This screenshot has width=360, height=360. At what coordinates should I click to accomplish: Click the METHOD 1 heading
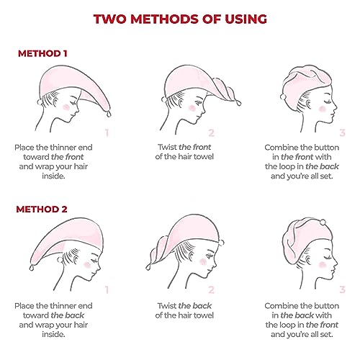(42, 53)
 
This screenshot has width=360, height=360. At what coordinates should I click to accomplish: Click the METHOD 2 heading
(42, 210)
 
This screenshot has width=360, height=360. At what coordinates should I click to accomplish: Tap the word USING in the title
(246, 19)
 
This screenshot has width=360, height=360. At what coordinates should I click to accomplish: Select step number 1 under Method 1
(107, 132)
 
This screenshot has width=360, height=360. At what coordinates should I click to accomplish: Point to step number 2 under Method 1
(211, 132)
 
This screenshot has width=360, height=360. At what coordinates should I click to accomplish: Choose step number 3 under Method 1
(342, 132)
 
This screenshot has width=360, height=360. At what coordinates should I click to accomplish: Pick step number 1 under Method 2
(107, 290)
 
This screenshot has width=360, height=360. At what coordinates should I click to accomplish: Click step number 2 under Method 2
(211, 290)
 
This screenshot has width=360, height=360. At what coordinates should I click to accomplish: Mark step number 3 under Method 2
(342, 290)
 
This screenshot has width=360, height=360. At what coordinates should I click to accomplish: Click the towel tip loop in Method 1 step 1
(109, 114)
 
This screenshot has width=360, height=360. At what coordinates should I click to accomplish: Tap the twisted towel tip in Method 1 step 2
(238, 102)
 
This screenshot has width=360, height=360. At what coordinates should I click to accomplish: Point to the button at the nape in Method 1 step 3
(283, 96)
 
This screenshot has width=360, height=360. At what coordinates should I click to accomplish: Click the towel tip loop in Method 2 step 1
(32, 267)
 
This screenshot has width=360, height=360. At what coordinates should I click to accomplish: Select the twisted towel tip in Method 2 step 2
(148, 266)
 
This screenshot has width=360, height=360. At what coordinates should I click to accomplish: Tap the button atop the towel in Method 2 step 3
(323, 222)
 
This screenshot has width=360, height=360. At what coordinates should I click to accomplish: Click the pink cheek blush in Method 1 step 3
(323, 109)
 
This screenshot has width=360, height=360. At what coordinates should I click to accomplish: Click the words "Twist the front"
(184, 147)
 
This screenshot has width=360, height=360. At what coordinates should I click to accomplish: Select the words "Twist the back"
(184, 305)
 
